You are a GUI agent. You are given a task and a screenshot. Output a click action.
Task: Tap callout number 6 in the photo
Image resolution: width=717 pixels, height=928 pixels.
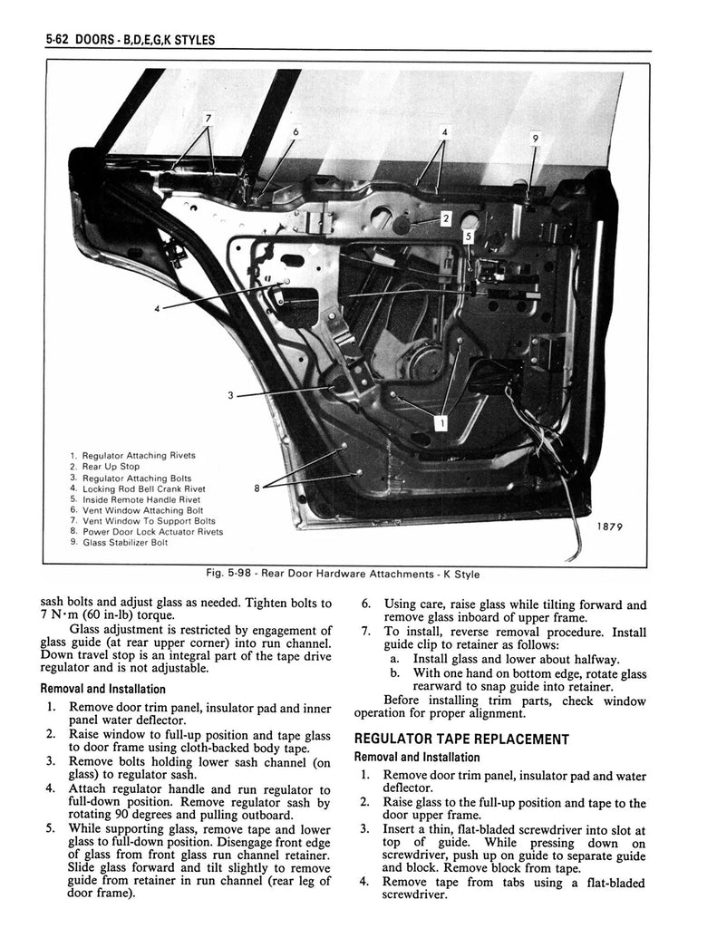tap(296, 131)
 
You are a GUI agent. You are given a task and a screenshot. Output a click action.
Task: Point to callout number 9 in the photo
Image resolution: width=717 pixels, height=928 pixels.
tap(536, 138)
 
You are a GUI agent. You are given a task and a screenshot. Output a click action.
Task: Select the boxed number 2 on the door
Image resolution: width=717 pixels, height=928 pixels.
tap(446, 217)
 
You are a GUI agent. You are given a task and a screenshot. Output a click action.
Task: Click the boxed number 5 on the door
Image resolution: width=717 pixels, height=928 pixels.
tap(468, 237)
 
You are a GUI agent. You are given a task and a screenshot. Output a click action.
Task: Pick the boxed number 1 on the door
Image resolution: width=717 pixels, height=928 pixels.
tap(441, 421)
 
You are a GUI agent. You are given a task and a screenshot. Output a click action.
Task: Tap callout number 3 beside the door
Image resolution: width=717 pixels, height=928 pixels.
tap(231, 395)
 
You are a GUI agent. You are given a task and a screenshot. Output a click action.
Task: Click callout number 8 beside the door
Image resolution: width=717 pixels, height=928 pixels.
tap(257, 488)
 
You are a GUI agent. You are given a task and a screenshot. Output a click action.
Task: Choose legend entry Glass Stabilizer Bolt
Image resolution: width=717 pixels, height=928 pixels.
tap(123, 543)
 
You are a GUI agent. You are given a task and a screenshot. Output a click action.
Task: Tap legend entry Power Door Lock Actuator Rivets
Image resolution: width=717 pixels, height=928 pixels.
tap(151, 532)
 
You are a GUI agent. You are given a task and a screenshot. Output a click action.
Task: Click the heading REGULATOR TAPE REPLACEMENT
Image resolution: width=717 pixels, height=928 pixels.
tap(461, 739)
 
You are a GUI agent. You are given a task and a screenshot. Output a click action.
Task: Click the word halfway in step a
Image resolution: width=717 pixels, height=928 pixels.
tap(594, 659)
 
